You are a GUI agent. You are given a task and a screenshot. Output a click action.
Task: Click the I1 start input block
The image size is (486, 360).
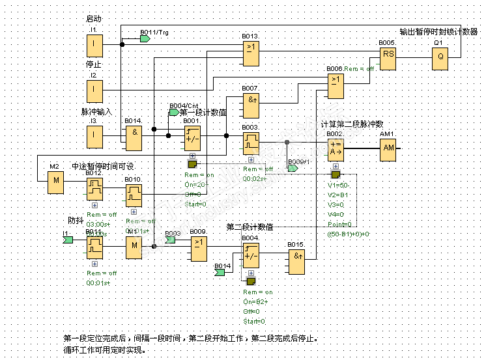coord(94,46)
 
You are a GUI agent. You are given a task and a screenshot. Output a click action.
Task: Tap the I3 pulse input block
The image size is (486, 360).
coord(94,135)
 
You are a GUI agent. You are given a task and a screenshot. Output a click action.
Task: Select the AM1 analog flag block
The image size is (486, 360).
coord(389,150)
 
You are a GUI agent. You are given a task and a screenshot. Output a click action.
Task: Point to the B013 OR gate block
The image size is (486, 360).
coord(251,52)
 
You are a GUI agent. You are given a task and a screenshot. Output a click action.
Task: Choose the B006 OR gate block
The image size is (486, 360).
coord(336,85)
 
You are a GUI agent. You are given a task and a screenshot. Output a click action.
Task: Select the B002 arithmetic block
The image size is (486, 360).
coord(336,150)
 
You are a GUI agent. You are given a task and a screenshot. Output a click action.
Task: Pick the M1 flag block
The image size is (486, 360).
coord(134,246)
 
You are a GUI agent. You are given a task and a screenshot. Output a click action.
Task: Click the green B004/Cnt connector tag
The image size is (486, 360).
coord(174,112)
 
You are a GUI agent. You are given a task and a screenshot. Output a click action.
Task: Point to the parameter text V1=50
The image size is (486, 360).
coord(339,185)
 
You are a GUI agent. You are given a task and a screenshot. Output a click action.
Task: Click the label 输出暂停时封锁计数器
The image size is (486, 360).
coord(438,31)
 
